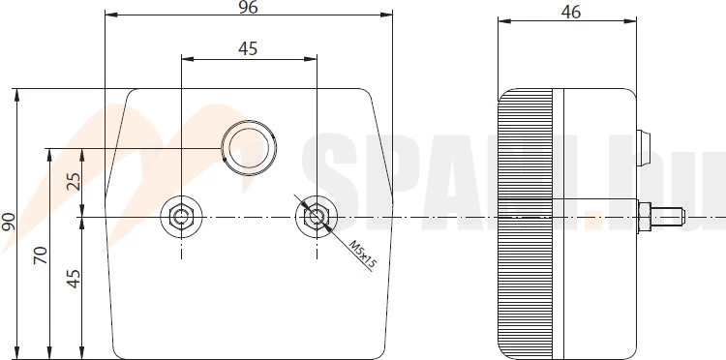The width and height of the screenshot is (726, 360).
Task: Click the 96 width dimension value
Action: (x=248, y=7)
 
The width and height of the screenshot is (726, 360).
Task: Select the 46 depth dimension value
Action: (x=570, y=13)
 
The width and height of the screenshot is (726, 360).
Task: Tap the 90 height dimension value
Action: (x=9, y=223)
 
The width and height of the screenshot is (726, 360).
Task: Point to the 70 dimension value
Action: (x=41, y=255)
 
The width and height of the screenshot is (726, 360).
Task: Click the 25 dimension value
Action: (x=74, y=181)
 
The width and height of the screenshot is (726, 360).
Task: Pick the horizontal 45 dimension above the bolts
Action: (x=248, y=48)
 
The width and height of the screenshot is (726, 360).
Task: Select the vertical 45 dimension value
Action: (x=74, y=279)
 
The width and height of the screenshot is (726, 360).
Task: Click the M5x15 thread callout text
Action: (x=363, y=255)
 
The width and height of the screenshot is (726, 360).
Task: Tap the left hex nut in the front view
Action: (x=181, y=217)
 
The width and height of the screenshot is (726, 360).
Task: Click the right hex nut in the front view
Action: (x=317, y=217)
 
